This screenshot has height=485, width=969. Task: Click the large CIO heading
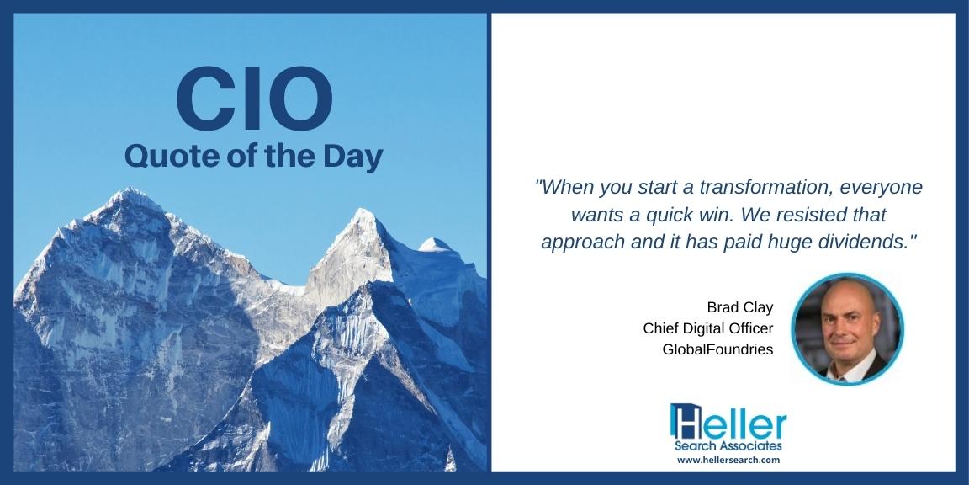254,99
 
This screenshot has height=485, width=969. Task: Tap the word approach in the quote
575,240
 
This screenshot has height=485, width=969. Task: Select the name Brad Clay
739,306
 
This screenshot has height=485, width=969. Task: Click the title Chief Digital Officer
707,328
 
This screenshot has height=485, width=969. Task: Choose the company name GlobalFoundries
717,349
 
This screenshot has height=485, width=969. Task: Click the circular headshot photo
847,328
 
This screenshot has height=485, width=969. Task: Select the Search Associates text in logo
728,445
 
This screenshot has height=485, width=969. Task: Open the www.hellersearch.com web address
728,461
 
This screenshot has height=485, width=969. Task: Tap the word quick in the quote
684,213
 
